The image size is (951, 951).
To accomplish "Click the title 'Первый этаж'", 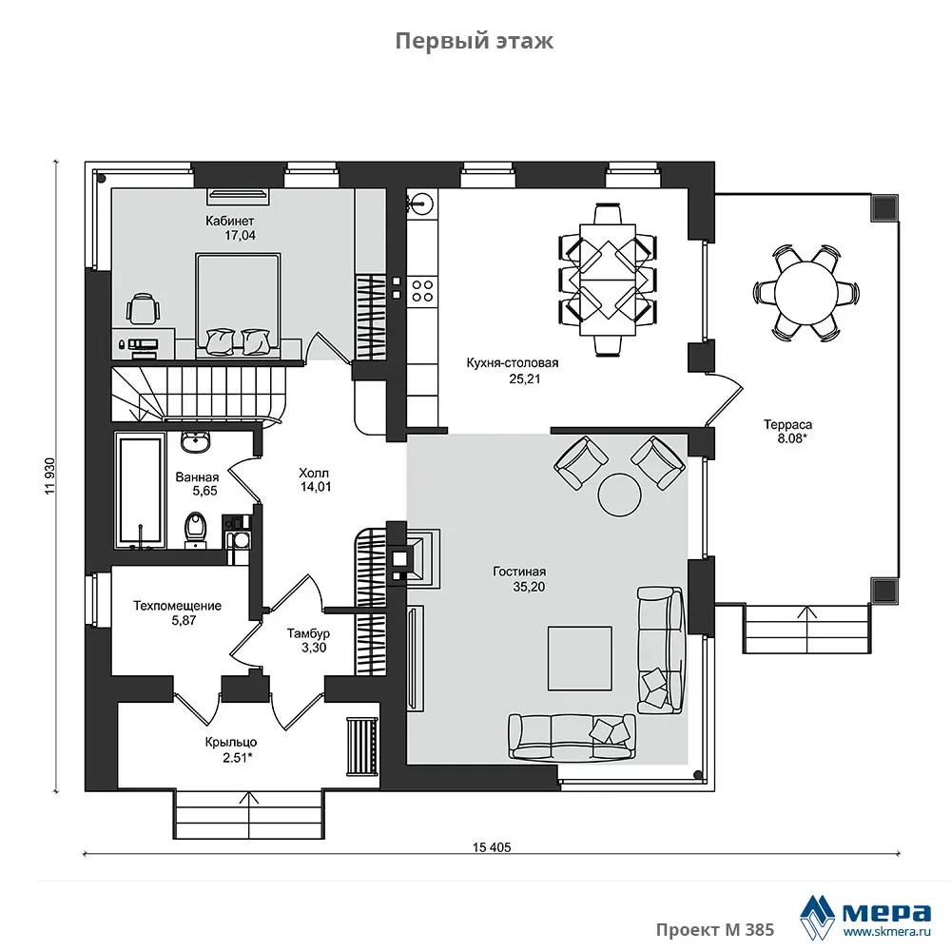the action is click(x=475, y=41).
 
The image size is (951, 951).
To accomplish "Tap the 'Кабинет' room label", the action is click(x=229, y=221).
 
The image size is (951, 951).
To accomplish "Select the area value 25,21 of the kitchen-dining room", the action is click(x=525, y=379).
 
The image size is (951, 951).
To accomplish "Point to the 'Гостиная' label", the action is click(x=519, y=572).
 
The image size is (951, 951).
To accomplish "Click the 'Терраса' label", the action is click(x=787, y=424).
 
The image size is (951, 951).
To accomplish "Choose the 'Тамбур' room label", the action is click(x=308, y=633).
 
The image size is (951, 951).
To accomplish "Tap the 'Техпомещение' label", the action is click(x=177, y=605).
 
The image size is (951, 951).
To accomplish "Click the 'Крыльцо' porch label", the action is click(x=230, y=743).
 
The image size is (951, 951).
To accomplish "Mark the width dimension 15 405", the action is click(x=492, y=847).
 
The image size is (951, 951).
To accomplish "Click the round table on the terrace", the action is click(x=806, y=292).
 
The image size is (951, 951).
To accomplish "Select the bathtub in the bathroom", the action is click(x=141, y=491).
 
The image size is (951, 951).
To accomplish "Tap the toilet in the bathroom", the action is click(x=195, y=530).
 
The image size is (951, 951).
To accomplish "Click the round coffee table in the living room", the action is click(x=619, y=495).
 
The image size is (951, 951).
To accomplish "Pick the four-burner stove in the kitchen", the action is click(x=422, y=290).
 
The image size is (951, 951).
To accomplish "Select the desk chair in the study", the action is click(x=144, y=307).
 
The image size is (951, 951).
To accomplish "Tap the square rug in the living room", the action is click(x=580, y=659).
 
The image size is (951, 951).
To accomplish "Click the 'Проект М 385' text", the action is click(x=715, y=929).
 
